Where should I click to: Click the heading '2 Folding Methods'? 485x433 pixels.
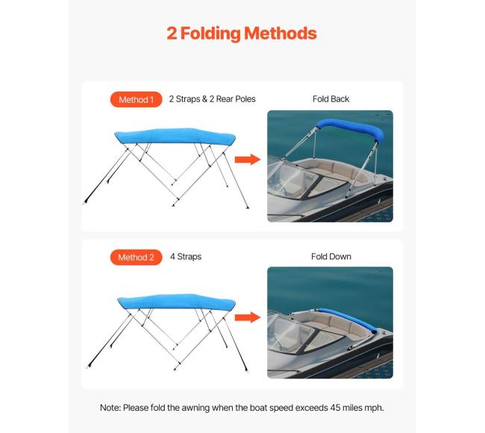coord(242,34)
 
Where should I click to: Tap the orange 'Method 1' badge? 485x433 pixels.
coord(136,99)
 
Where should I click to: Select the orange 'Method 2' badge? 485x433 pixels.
coord(136,257)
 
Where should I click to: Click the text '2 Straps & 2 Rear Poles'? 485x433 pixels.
coord(212,99)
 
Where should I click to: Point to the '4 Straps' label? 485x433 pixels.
coord(185,257)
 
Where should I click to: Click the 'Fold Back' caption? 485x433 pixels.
coord(331,99)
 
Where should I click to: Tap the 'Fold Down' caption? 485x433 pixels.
coord(331,257)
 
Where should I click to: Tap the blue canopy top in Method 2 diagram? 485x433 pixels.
coord(175,301)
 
